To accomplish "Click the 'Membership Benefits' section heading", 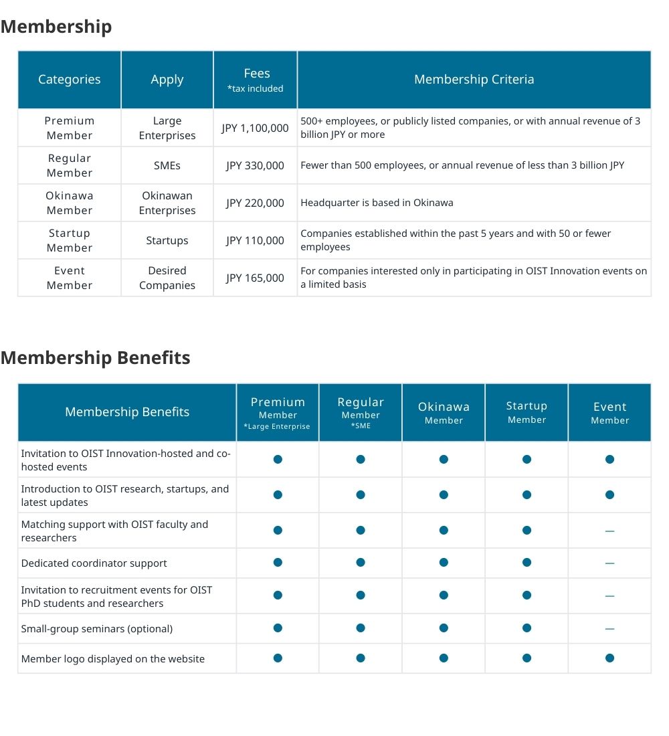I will (95, 358).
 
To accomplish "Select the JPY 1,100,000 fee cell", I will (255, 128).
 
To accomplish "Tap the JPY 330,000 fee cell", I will (255, 165).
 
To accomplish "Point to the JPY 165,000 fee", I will (255, 278).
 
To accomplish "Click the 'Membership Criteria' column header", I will (474, 80).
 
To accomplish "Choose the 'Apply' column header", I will (167, 80).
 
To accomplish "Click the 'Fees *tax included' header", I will (255, 80).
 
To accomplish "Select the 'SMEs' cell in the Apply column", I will (167, 165).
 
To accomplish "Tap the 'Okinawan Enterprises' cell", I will (167, 203).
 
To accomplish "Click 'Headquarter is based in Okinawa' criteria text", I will (377, 203).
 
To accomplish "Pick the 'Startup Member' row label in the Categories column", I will (70, 240).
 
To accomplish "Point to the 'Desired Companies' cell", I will (167, 278).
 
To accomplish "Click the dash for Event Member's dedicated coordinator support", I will (609, 563).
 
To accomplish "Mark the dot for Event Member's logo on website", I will (609, 658).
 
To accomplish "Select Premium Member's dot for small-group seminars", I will (278, 628).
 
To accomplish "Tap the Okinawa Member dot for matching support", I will (444, 531).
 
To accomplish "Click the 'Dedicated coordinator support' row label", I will (94, 563).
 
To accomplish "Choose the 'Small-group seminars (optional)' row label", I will (97, 629).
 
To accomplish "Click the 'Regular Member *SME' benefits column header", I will (361, 412).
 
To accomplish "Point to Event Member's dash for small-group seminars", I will (609, 629).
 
